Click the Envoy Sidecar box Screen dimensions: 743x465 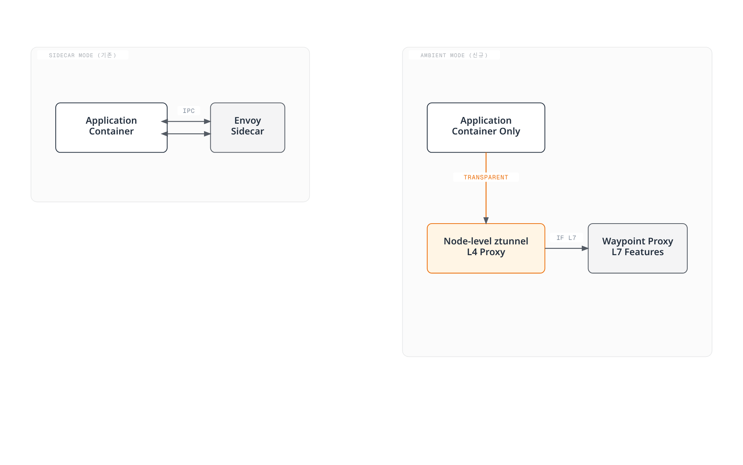click(x=247, y=127)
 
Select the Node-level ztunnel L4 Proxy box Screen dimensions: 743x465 click(x=486, y=248)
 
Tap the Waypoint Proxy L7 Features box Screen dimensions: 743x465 click(x=637, y=248)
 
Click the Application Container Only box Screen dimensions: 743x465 click(x=486, y=127)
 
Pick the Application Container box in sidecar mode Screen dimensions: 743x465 click(x=111, y=127)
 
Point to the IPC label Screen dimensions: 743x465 click(x=189, y=111)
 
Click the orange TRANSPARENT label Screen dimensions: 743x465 click(x=486, y=177)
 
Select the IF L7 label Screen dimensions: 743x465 click(x=566, y=238)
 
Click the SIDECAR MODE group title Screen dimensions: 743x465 click(x=82, y=55)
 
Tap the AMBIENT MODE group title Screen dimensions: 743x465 click(x=454, y=55)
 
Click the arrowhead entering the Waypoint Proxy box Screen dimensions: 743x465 click(x=585, y=248)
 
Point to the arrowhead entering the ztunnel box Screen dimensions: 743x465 click(x=486, y=221)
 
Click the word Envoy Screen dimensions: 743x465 click(x=247, y=121)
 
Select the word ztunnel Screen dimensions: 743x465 click(x=511, y=241)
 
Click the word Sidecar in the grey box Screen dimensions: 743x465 click(x=247, y=131)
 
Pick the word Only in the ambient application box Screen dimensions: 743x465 click(x=510, y=131)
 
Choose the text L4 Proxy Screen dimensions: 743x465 click(x=486, y=252)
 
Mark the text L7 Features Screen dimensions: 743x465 click(x=637, y=252)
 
